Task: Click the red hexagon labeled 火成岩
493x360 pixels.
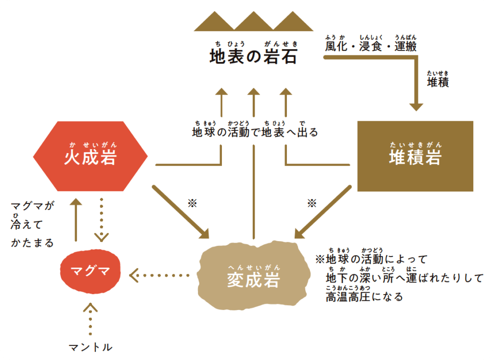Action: coord(91,157)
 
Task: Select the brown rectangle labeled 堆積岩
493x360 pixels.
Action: coord(415,156)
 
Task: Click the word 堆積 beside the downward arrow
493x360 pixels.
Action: coord(438,82)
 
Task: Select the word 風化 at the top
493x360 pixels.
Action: coord(336,47)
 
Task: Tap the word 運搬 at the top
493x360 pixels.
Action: coord(405,47)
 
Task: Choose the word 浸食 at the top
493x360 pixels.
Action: coord(370,47)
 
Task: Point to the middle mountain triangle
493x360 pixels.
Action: coord(253,21)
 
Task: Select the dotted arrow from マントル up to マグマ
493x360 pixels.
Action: coord(90,320)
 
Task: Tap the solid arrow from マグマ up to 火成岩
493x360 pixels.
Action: coord(76,219)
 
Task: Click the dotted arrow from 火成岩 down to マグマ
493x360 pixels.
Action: coord(101,219)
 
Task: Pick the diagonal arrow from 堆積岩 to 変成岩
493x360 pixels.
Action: coord(323,212)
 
